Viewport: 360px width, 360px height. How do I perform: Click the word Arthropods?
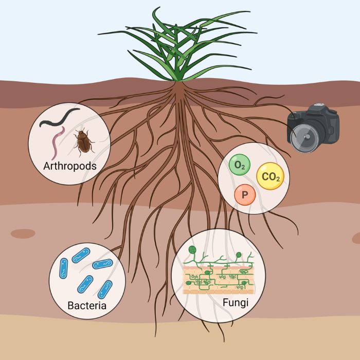(70, 166)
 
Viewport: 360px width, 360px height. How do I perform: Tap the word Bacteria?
(87, 305)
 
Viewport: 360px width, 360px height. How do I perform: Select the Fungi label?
(236, 303)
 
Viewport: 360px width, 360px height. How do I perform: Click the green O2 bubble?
(240, 165)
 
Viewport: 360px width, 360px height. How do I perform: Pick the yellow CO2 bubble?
(270, 176)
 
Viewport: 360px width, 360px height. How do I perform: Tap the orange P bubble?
(245, 195)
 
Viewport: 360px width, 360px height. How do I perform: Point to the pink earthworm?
(58, 142)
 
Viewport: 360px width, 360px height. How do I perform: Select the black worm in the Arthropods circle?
(59, 118)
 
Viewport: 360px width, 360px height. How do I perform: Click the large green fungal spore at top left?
(192, 249)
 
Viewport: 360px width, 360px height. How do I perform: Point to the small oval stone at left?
(23, 233)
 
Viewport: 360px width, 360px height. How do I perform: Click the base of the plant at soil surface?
(177, 81)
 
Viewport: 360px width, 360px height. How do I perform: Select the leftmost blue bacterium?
(64, 268)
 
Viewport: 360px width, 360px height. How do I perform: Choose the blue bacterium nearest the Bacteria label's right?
(105, 290)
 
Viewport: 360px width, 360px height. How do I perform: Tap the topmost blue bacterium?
(81, 255)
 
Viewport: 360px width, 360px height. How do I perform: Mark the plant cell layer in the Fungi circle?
(219, 280)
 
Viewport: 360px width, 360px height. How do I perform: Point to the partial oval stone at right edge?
(356, 238)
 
